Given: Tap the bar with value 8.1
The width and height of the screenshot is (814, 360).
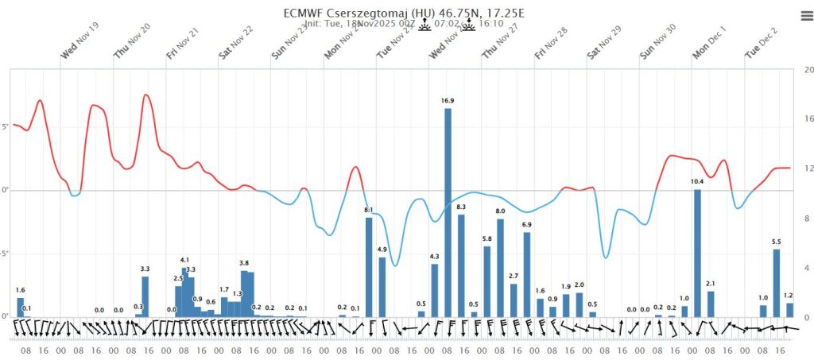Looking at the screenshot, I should tap(369, 267).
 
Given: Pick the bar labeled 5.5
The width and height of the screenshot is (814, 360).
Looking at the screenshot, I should tap(776, 283).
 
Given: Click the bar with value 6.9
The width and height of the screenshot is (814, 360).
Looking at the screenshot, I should tap(526, 274).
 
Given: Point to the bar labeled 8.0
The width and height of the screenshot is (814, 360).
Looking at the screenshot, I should tap(500, 268).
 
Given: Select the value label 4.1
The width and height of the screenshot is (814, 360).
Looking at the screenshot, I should tap(184, 260).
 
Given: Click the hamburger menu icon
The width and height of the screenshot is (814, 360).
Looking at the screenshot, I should tap(806, 15).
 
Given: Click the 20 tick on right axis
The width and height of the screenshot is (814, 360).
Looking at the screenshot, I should tap(808, 70).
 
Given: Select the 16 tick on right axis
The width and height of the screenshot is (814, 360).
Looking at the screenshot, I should tap(808, 119).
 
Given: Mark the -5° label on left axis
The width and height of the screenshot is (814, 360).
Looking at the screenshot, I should tap(5, 254).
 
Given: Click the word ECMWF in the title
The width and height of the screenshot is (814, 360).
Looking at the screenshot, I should tap(303, 14).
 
